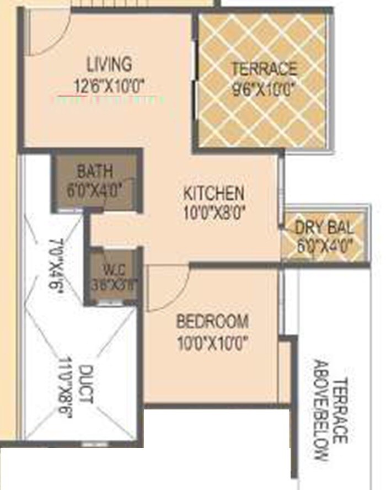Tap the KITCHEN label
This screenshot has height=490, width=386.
pyautogui.click(x=213, y=194)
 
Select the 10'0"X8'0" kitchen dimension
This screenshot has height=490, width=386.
pyautogui.click(x=214, y=212)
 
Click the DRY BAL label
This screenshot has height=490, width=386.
pyautogui.click(x=324, y=227)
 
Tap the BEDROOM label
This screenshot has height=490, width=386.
pyautogui.click(x=212, y=321)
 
